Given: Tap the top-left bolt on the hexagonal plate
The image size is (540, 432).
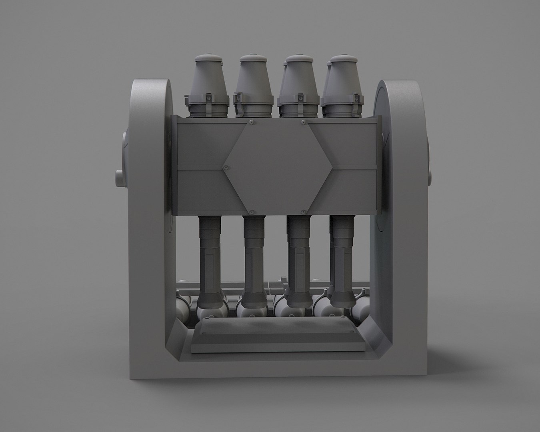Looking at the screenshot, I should click(x=251, y=121).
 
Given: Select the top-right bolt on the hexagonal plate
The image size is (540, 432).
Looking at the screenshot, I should click(x=303, y=121).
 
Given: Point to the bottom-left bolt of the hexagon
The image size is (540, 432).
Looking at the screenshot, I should click(x=252, y=211).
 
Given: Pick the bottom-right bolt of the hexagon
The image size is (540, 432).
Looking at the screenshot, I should click(x=304, y=211).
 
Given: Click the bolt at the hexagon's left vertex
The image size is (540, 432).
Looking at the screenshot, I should click(x=227, y=167).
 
